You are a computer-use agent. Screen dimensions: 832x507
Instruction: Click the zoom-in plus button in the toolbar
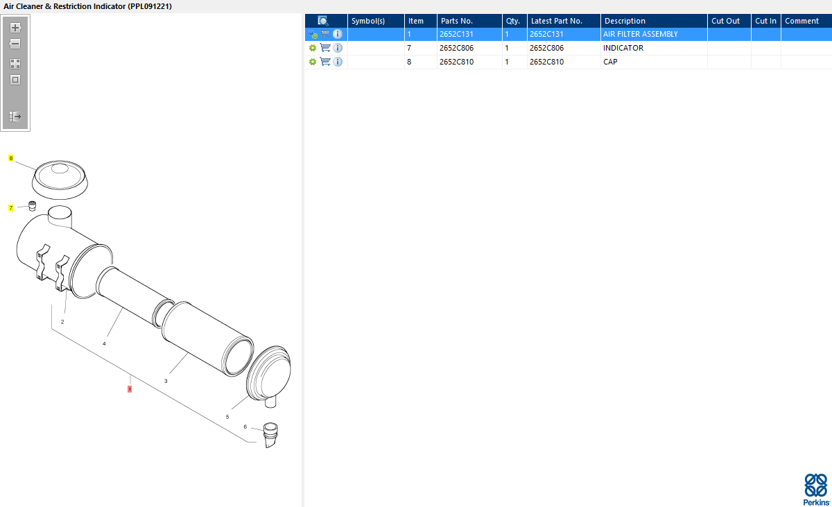tap(15, 28)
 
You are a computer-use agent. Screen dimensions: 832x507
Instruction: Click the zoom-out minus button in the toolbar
tap(15, 44)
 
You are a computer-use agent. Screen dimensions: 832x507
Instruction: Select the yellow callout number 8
tap(11, 158)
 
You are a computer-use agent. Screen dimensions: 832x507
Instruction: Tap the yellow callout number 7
tap(11, 207)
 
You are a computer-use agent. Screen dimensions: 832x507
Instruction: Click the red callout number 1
tap(130, 389)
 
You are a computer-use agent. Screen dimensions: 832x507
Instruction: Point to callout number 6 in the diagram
tap(245, 427)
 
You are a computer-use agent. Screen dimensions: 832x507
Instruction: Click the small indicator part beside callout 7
tap(33, 206)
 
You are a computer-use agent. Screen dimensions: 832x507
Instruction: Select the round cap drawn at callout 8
tap(60, 180)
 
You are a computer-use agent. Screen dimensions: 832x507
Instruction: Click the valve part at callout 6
tap(270, 435)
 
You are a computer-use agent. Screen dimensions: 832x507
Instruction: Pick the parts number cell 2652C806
tap(456, 48)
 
